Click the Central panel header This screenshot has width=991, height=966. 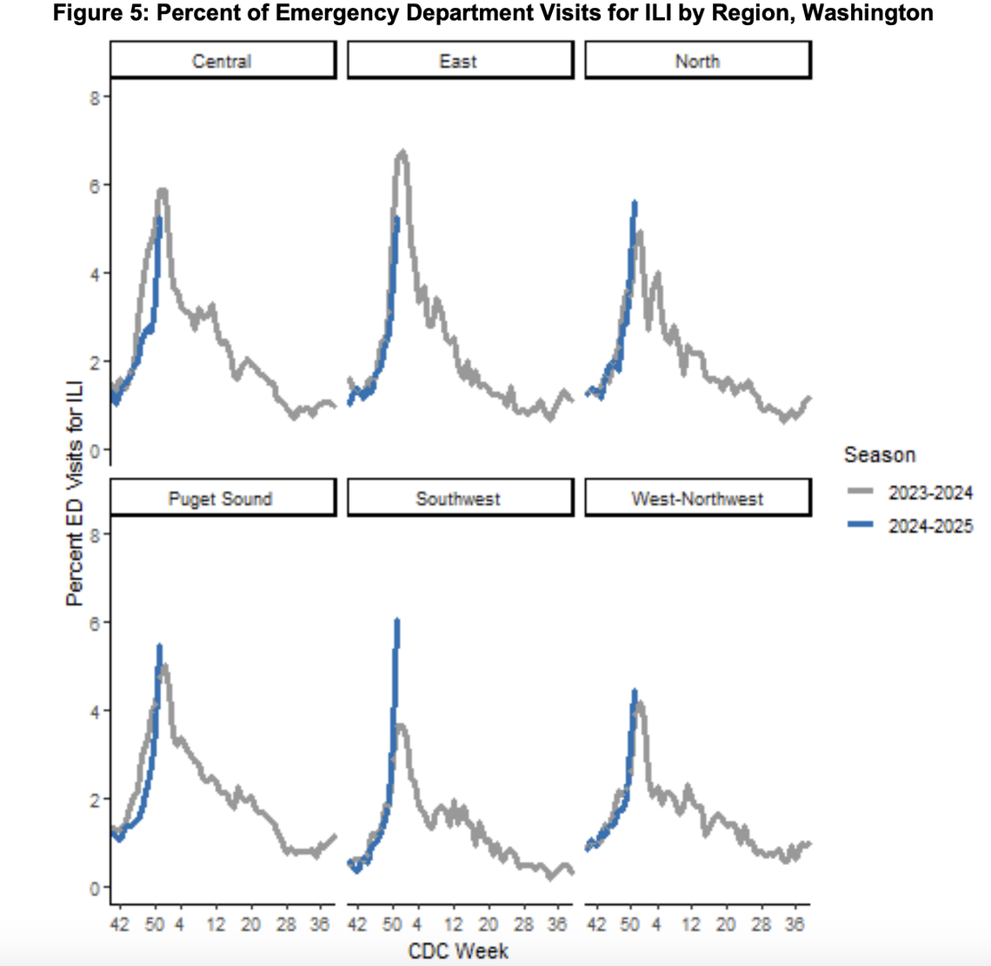223,61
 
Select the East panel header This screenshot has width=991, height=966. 459,61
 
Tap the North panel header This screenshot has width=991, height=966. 697,61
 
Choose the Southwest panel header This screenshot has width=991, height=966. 458,499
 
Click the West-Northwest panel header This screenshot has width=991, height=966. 697,499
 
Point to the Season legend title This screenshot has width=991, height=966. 879,455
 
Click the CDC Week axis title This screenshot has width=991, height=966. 458,949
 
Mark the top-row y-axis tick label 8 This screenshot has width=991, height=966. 94,96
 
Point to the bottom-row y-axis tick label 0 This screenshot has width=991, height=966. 94,887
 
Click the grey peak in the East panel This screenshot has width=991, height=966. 402,155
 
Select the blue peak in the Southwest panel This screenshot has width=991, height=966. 397,621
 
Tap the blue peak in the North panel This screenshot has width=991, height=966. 635,203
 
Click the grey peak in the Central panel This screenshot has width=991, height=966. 162,191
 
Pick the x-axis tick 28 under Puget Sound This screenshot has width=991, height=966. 286,923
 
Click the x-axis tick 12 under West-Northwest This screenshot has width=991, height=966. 691,923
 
